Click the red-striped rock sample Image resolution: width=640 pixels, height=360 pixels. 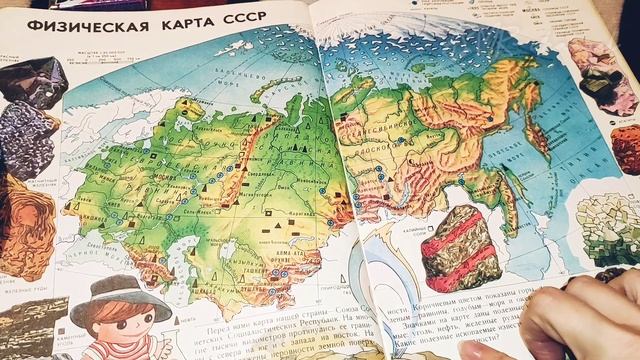460,250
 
